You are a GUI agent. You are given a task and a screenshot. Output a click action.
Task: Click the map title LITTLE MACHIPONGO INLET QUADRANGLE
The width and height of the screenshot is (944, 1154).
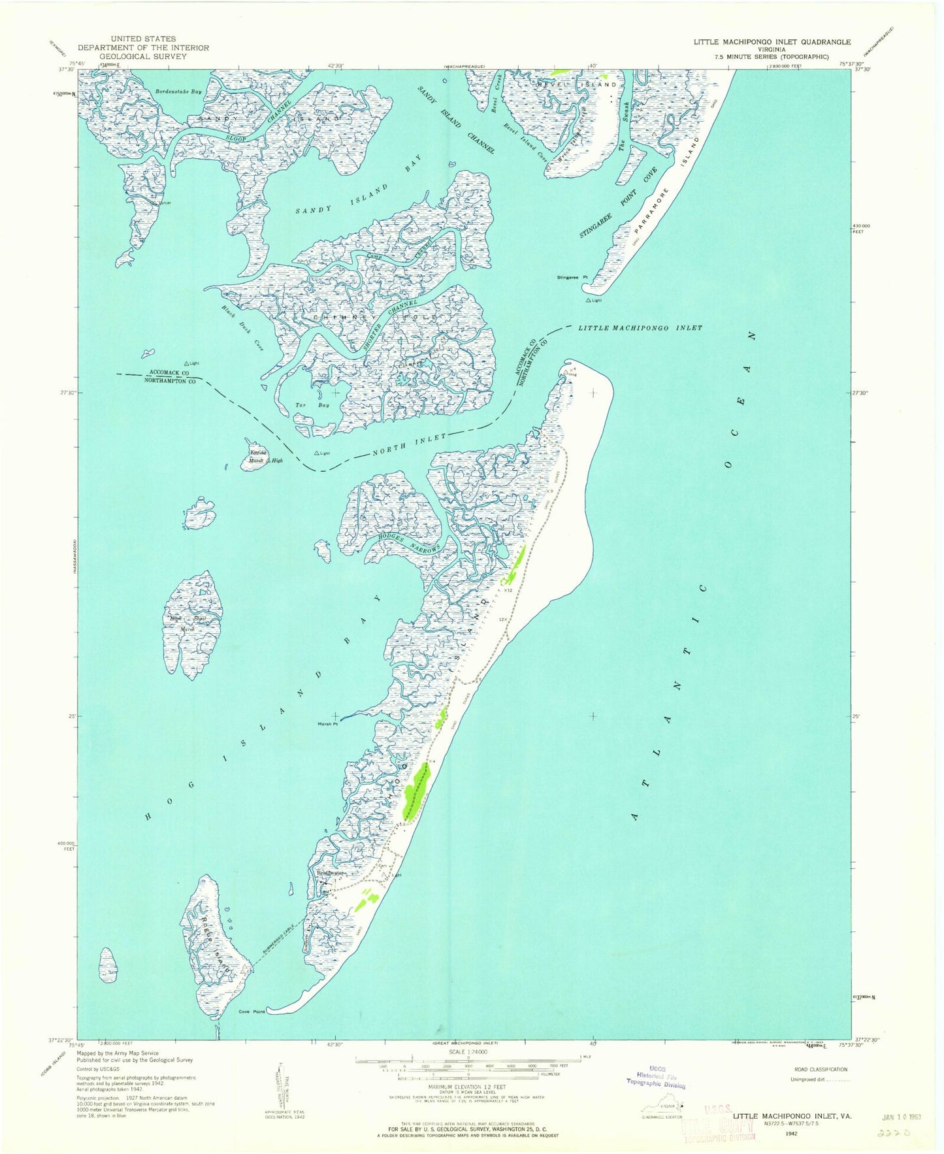point(772,41)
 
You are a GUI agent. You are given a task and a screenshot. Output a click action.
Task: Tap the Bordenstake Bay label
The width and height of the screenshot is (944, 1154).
point(178,92)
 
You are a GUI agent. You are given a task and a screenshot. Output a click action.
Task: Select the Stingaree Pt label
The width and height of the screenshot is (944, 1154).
point(572,278)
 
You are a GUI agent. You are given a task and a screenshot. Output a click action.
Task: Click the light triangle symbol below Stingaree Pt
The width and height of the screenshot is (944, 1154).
point(589,301)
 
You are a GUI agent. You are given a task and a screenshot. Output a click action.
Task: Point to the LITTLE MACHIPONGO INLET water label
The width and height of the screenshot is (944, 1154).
point(640,328)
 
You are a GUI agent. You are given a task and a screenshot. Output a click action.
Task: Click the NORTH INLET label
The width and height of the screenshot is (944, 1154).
point(410,446)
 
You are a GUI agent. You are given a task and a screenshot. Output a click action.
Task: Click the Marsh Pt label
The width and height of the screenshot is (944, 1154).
point(327,724)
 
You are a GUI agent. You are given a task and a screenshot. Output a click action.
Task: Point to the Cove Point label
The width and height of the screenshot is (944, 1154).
point(252,1012)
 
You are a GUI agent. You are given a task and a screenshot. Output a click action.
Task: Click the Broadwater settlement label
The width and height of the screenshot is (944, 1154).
point(330,873)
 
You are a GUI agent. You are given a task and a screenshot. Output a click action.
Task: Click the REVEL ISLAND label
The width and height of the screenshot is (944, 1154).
point(576,85)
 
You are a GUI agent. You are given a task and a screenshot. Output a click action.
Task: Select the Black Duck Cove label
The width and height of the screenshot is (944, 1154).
point(241,329)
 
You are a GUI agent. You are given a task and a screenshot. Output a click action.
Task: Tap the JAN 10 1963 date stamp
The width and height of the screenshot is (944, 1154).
point(900,1117)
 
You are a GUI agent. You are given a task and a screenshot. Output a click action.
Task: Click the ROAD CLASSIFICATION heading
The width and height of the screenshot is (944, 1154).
point(821,1070)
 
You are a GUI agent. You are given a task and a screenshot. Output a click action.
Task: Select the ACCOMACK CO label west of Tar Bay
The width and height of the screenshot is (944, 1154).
point(169,372)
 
